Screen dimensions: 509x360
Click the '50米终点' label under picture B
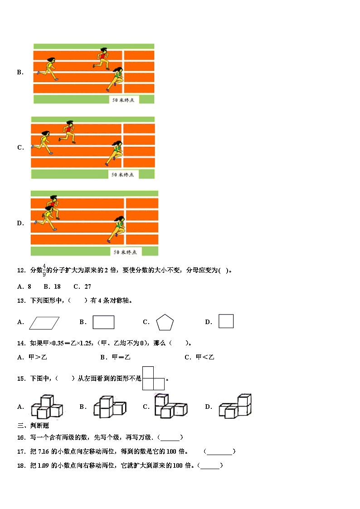pyautogui.click(x=123, y=100)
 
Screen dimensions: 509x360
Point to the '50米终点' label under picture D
pyautogui.click(x=125, y=252)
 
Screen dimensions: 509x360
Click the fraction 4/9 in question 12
pyautogui.click(x=44, y=270)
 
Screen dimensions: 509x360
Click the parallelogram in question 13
pyautogui.click(x=44, y=322)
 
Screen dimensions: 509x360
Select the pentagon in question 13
pyautogui.click(x=165, y=323)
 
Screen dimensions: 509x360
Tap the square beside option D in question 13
pyautogui.click(x=226, y=321)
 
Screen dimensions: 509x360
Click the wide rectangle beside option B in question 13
pyautogui.click(x=103, y=322)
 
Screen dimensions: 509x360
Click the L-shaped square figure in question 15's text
pyautogui.click(x=153, y=378)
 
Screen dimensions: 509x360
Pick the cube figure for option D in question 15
pyautogui.click(x=235, y=406)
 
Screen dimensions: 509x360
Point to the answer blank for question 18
pyautogui.click(x=210, y=466)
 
